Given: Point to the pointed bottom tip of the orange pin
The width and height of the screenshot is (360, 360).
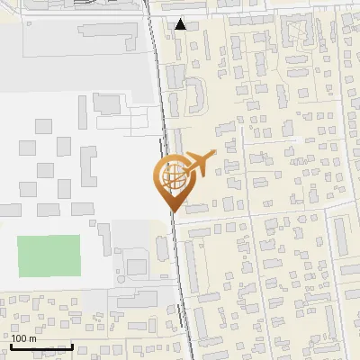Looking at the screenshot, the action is (x=171, y=211).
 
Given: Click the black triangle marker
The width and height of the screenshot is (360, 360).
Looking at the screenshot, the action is (x=181, y=24).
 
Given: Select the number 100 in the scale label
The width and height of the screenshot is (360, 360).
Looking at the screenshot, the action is (x=18, y=338).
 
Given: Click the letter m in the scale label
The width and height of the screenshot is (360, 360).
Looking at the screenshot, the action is (x=31, y=338).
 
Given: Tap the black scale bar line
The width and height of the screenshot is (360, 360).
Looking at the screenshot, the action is (x=40, y=346).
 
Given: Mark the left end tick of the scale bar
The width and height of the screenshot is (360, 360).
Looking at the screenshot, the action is (x=10, y=345).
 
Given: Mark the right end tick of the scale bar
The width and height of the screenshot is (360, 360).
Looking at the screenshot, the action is (x=72, y=345).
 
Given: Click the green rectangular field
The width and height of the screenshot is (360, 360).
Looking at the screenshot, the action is (x=49, y=256).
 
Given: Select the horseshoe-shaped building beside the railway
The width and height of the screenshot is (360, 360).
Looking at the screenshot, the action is (x=193, y=94).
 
